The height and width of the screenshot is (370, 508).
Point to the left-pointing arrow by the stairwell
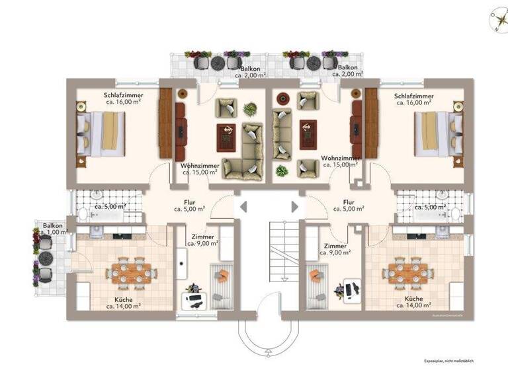[243, 207]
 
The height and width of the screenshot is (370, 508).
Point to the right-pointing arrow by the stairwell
[295, 207]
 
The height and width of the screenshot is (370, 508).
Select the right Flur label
[349, 205]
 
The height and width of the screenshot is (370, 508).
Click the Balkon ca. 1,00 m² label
[53, 229]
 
